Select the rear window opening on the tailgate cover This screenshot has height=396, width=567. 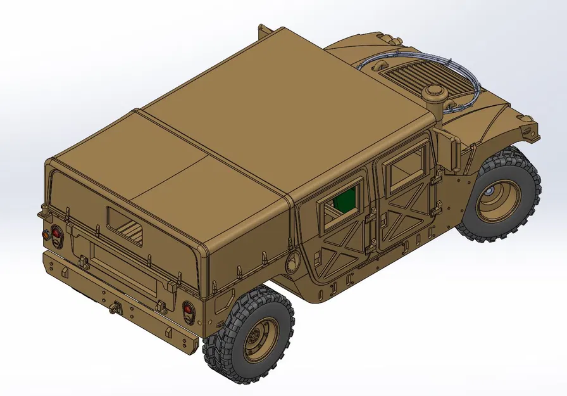click(x=125, y=226)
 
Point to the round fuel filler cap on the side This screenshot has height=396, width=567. click(x=292, y=262)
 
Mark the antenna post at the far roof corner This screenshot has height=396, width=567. click(x=261, y=30)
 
